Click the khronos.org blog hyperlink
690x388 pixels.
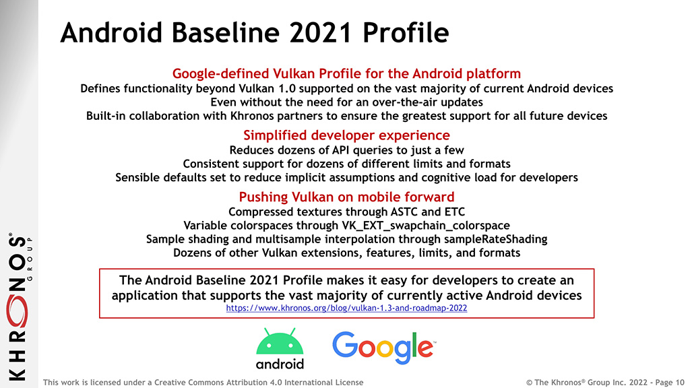click(346, 308)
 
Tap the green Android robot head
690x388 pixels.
click(280, 342)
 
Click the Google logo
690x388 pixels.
click(383, 348)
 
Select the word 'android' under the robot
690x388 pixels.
click(280, 364)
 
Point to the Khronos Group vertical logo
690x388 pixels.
click(19, 306)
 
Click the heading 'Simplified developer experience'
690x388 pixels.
click(346, 135)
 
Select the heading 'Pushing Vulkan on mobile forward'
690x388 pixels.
click(346, 197)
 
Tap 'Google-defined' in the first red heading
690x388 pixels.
click(220, 73)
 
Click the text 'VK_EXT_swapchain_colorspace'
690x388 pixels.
click(426, 225)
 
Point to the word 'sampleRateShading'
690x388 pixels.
click(495, 239)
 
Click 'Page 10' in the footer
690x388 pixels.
click(670, 383)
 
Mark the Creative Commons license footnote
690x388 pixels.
click(203, 383)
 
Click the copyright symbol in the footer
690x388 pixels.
click(530, 383)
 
